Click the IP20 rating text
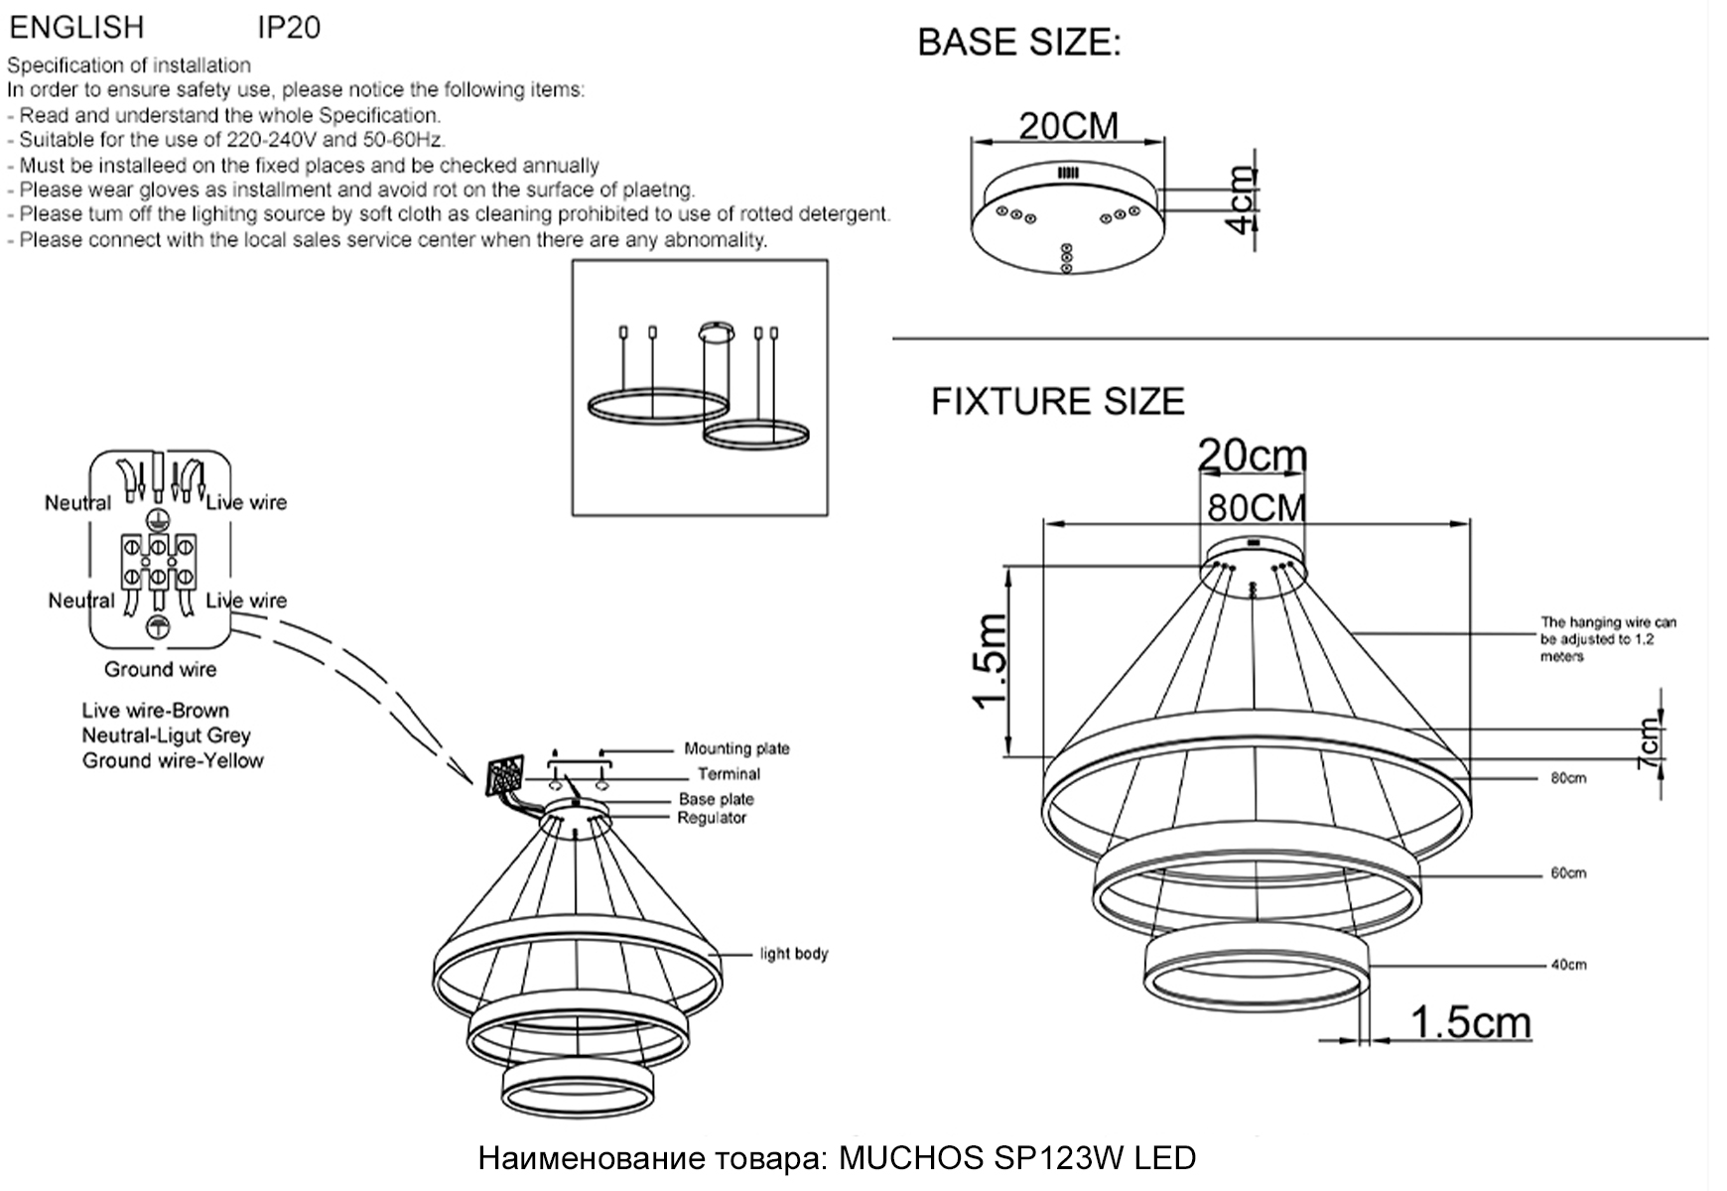[289, 28]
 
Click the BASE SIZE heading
[1018, 43]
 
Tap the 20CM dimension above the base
[1068, 126]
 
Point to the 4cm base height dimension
[1242, 200]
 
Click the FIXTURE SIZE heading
[1057, 401]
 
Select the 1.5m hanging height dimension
[992, 662]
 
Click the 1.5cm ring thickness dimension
[1470, 1021]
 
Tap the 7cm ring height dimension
[1649, 743]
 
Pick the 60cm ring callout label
[1568, 873]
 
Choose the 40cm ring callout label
[1568, 965]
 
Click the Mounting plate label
[736, 749]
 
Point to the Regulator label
[712, 818]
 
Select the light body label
[793, 954]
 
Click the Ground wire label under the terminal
[160, 669]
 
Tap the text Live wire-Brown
[156, 711]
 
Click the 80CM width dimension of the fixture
[1256, 507]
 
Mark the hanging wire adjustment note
[1607, 639]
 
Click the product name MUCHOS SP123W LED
[1017, 1158]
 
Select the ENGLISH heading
[76, 27]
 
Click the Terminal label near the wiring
[729, 774]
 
